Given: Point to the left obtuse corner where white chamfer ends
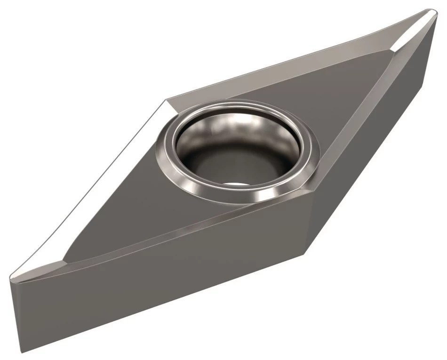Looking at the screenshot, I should [x=166, y=100].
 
